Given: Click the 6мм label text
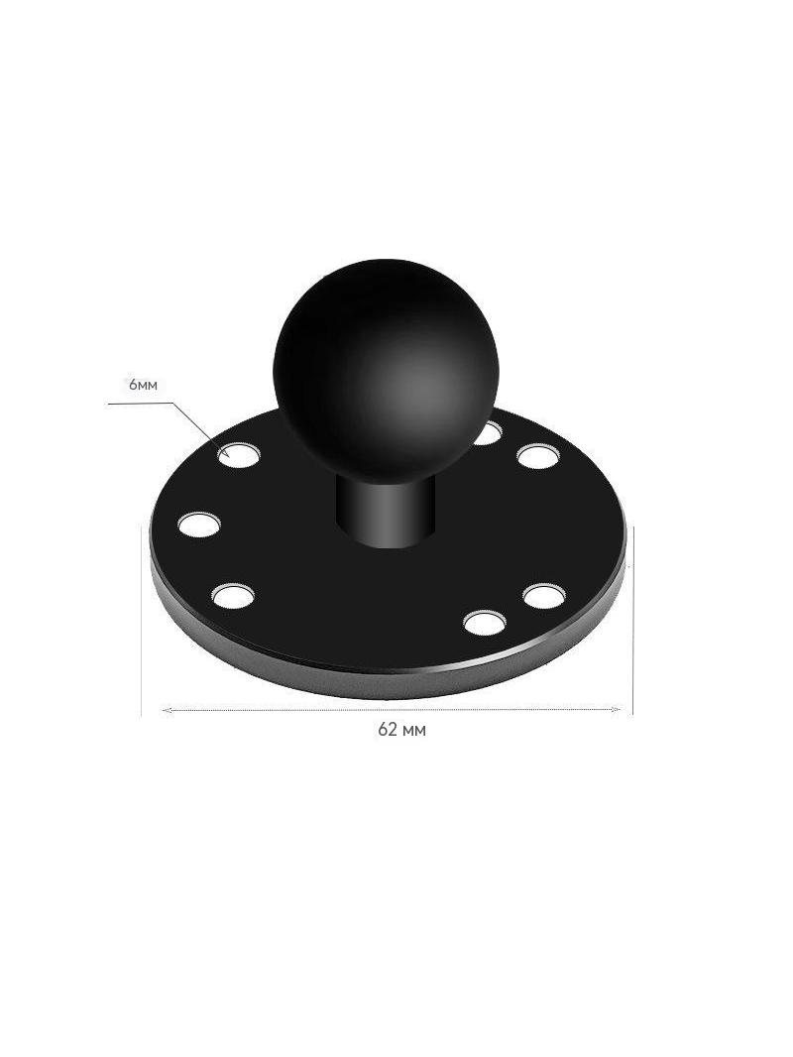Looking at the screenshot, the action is [143, 385].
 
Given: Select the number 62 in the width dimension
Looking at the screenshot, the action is [388, 730].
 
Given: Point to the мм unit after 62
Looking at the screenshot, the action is [413, 732].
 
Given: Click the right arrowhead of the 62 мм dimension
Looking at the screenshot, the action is [614, 709].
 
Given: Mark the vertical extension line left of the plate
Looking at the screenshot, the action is [141, 621].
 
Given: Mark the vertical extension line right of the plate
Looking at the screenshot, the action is [633, 621].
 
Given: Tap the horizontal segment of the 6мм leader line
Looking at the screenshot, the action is [141, 404].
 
